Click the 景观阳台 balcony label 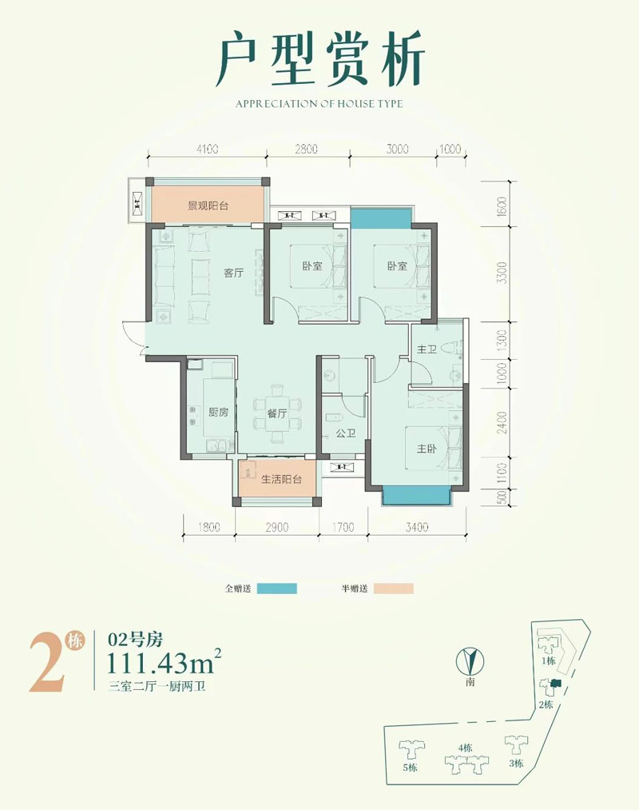pos(208,205)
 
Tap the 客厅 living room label pos(233,273)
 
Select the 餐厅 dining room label pos(277,413)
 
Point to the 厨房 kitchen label pos(218,412)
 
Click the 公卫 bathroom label pos(346,433)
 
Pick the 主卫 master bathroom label pos(427,349)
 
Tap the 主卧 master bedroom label pos(427,449)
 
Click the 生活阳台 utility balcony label pos(281,479)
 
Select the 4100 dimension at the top pos(207,150)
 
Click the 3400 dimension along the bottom pos(416,527)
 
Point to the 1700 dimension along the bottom pos(343,527)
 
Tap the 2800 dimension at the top pos(306,150)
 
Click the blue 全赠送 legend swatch pos(276,589)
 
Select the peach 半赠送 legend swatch pos(393,589)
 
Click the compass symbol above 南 pos(470,661)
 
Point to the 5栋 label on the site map pos(410,768)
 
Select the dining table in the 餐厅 pos(276,413)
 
